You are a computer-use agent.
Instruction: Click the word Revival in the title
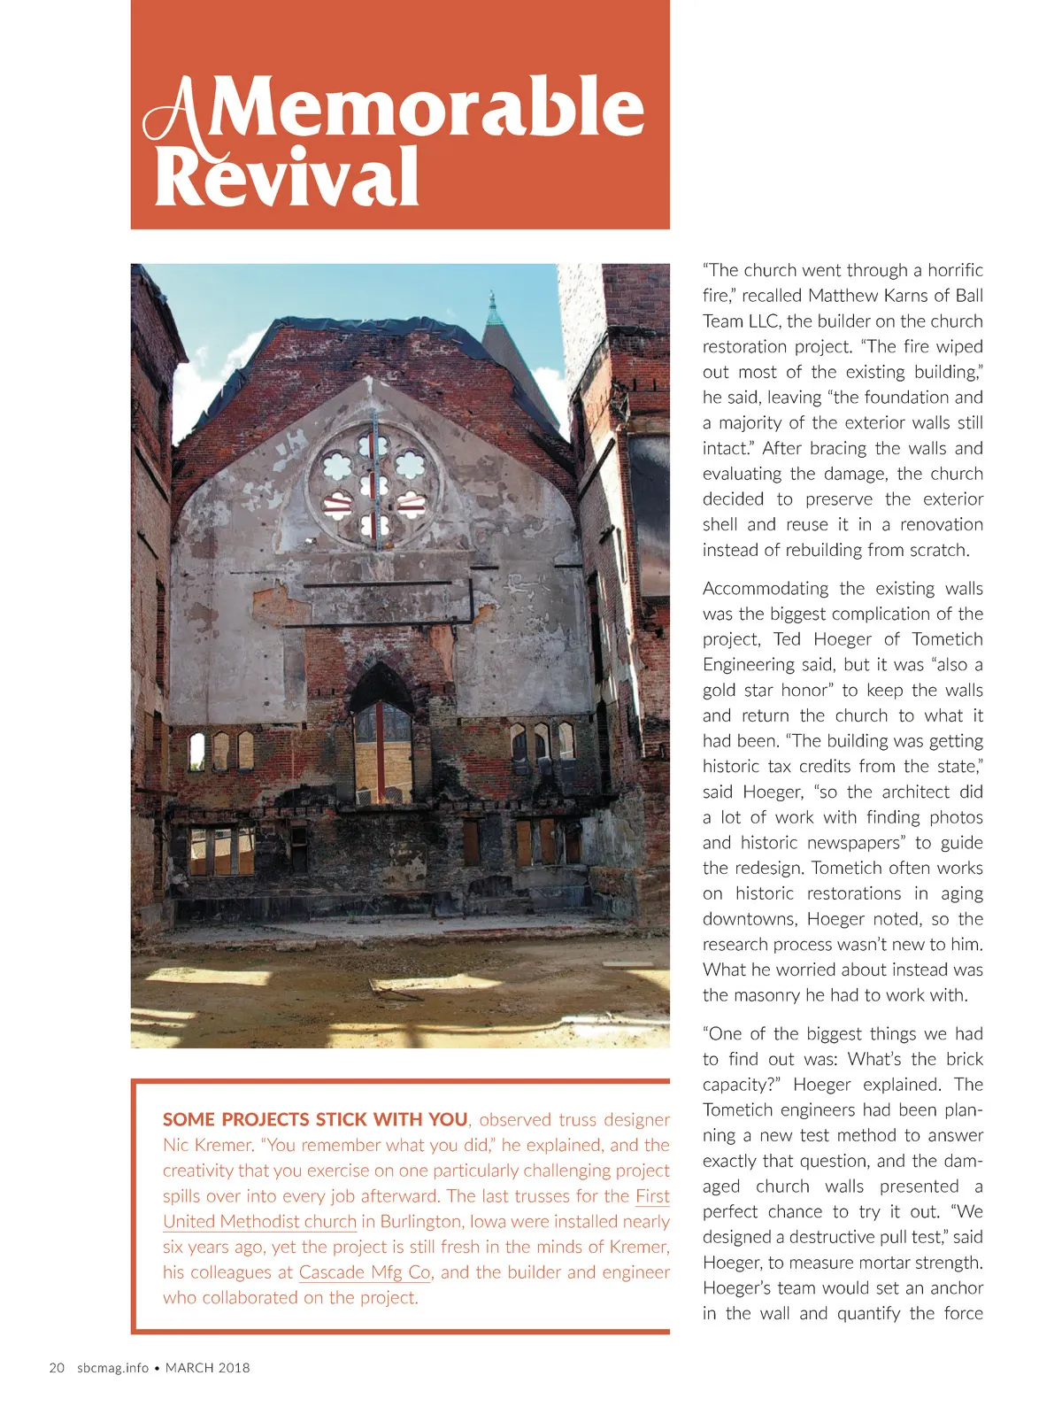click(x=287, y=177)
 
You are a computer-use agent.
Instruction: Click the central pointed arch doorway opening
click(x=381, y=735)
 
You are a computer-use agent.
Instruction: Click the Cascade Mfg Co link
click(x=364, y=1272)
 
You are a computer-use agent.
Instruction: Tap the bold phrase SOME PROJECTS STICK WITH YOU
click(x=315, y=1119)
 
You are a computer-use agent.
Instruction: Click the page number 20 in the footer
click(x=57, y=1368)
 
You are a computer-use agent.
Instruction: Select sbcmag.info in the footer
click(x=112, y=1368)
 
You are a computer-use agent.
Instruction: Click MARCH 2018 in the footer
click(x=208, y=1368)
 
